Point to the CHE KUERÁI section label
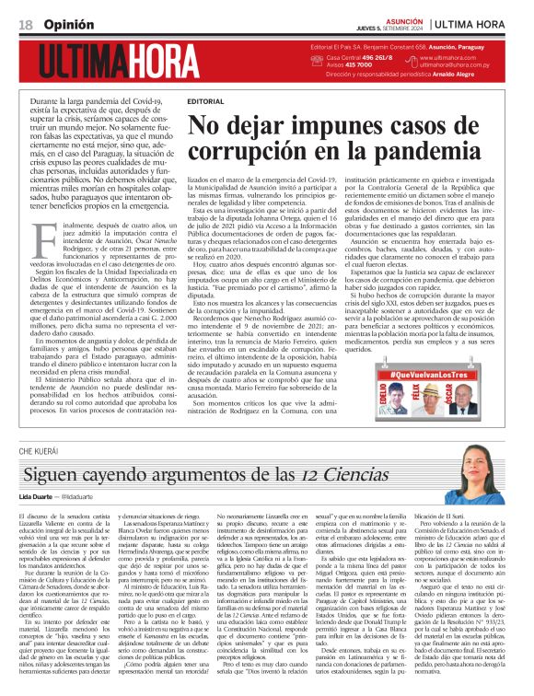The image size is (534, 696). (37, 451)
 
